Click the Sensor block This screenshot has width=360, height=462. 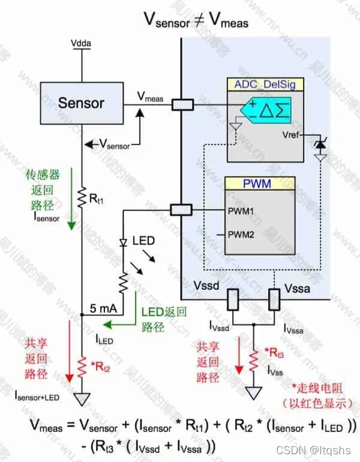coord(81,103)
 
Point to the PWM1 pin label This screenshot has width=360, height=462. coord(241,212)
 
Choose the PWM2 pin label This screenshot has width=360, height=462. coord(241,235)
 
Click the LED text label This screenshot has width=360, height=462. coord(143,241)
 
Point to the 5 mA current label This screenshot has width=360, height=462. coord(104,308)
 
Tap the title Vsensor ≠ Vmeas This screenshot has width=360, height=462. coord(195,20)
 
